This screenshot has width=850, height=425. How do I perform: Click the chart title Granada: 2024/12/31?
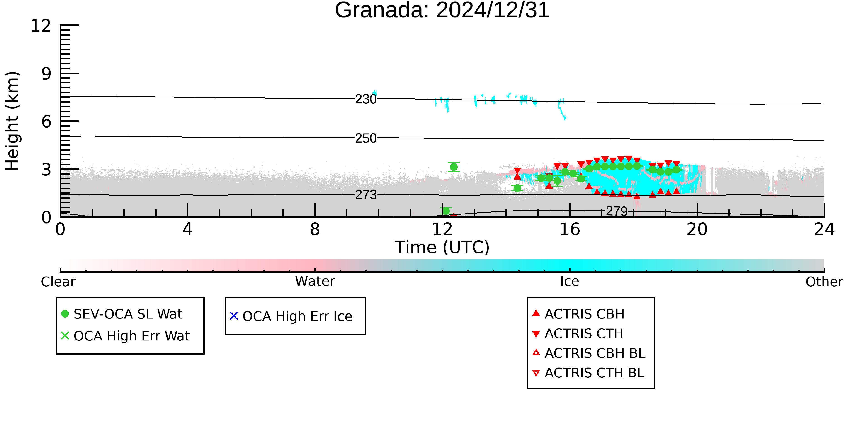(x=442, y=10)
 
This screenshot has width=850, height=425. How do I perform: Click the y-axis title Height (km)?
(x=12, y=121)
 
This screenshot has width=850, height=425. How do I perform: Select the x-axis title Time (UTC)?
(x=442, y=247)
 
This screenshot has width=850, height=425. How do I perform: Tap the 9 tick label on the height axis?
(x=46, y=74)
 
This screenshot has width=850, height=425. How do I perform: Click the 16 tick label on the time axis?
(x=570, y=229)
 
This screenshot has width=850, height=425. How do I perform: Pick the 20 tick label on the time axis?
(x=697, y=229)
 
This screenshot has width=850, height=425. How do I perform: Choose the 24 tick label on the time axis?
(x=824, y=229)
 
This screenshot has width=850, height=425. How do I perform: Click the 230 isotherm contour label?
(x=366, y=99)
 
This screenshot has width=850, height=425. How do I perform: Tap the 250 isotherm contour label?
(x=366, y=138)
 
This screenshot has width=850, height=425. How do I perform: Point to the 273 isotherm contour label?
(x=366, y=195)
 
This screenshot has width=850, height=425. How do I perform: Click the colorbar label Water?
(x=315, y=282)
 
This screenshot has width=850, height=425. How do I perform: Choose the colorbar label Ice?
(x=570, y=282)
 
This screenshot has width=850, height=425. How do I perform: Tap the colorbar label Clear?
(x=58, y=282)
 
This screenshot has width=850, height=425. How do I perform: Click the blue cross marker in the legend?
(x=234, y=316)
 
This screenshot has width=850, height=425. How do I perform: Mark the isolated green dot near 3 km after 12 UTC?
(x=454, y=167)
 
